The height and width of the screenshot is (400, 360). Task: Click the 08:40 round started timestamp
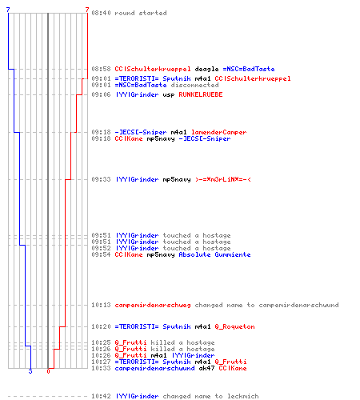coord(101,13)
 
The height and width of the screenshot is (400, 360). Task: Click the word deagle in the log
coord(206,69)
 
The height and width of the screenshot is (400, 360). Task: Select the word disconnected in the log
coord(194,85)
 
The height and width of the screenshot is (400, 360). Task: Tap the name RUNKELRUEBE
coord(201,94)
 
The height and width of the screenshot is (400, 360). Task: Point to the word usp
coord(169,95)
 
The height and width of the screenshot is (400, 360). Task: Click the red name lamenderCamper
coord(218,132)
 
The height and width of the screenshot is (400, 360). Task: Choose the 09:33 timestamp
coord(101,179)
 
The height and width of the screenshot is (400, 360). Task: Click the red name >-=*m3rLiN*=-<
coord(223,179)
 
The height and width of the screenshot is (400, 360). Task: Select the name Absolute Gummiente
coord(214,254)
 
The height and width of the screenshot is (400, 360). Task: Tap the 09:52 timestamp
coord(101,248)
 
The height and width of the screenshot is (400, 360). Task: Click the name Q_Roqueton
coord(234,326)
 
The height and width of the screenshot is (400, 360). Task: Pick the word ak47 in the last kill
coord(206,368)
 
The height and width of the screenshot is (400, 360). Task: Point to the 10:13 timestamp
coord(101,305)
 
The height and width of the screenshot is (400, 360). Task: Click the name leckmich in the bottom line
coord(243,396)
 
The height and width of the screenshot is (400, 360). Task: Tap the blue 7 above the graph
coord(8,10)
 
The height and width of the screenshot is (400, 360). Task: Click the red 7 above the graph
coord(87,10)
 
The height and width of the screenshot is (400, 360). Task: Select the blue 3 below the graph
coord(30,371)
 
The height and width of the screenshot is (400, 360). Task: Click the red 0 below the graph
coord(48,371)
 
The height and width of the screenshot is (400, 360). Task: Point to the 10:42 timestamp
coord(101,396)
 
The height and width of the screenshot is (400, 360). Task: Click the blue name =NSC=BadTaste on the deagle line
coord(249,69)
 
